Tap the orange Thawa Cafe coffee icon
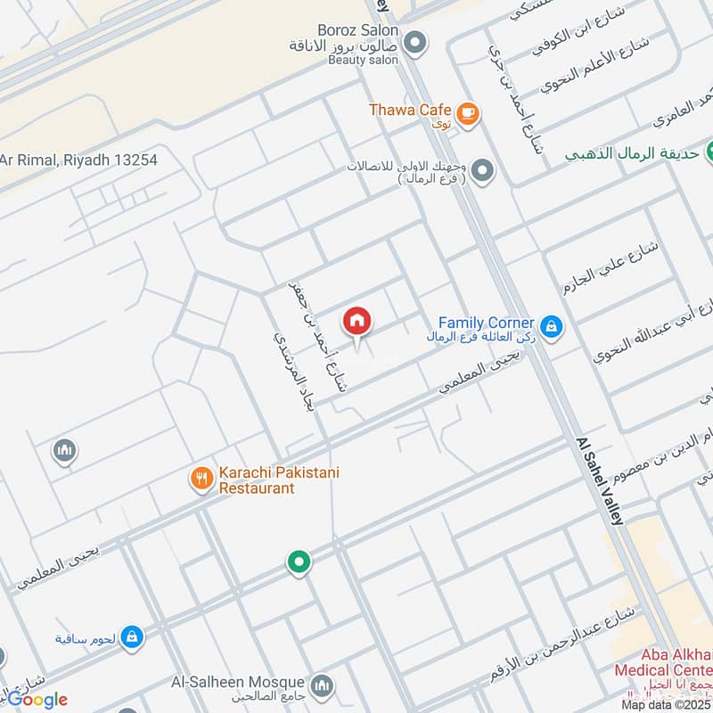[x=467, y=113]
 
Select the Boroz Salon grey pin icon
[x=414, y=42]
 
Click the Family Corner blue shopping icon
[x=552, y=326]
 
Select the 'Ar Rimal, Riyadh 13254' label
[x=78, y=160]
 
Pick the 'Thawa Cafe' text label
[x=410, y=110]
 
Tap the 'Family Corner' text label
[x=487, y=322]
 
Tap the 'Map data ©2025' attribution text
[x=666, y=704]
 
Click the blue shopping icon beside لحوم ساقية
[x=131, y=636]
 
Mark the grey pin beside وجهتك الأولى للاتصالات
[x=482, y=169]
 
